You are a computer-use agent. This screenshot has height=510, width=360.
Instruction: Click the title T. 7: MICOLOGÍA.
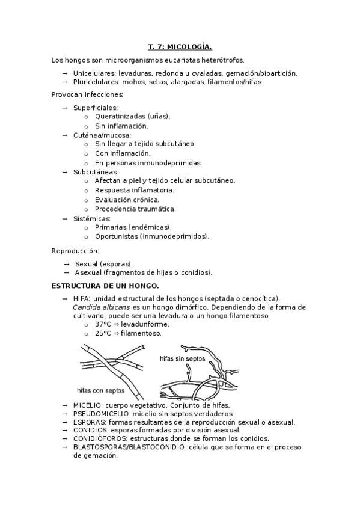(180, 46)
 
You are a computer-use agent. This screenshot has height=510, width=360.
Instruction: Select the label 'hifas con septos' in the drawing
(101, 389)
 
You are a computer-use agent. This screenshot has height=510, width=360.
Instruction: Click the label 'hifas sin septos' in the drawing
(183, 358)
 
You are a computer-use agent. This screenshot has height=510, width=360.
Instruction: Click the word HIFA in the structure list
(81, 298)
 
